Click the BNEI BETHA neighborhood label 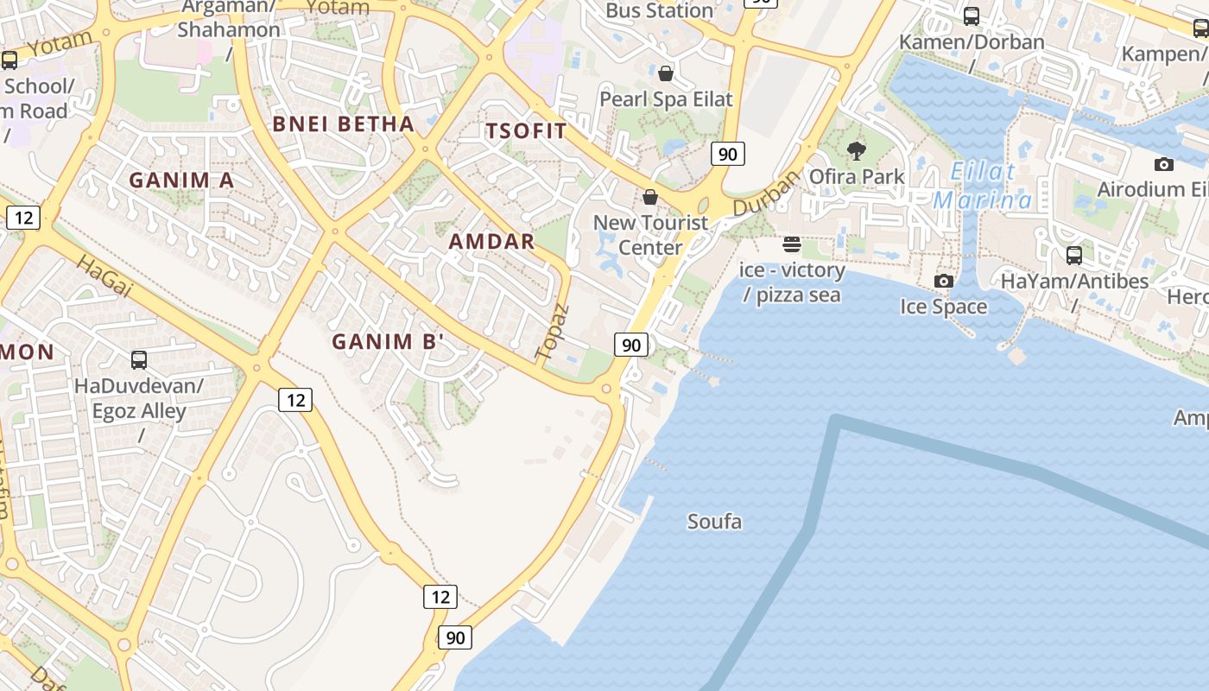pyautogui.click(x=343, y=124)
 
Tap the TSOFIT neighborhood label pyautogui.click(x=526, y=131)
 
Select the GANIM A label pyautogui.click(x=181, y=181)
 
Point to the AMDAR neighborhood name pyautogui.click(x=491, y=242)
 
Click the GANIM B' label pyautogui.click(x=388, y=342)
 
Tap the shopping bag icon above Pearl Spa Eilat pyautogui.click(x=665, y=73)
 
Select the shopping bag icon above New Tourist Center pyautogui.click(x=650, y=197)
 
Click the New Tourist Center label pyautogui.click(x=650, y=235)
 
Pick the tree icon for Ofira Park pyautogui.click(x=856, y=151)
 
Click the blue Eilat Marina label pyautogui.click(x=983, y=186)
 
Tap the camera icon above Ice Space pyautogui.click(x=943, y=281)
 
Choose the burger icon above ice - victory pyautogui.click(x=792, y=244)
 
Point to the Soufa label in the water pyautogui.click(x=714, y=522)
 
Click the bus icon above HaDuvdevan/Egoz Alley pyautogui.click(x=139, y=359)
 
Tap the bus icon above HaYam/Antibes pyautogui.click(x=1074, y=255)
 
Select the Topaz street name pyautogui.click(x=552, y=332)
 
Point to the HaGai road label pyautogui.click(x=104, y=276)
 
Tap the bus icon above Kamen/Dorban pyautogui.click(x=972, y=16)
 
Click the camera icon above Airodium pyautogui.click(x=1163, y=164)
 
